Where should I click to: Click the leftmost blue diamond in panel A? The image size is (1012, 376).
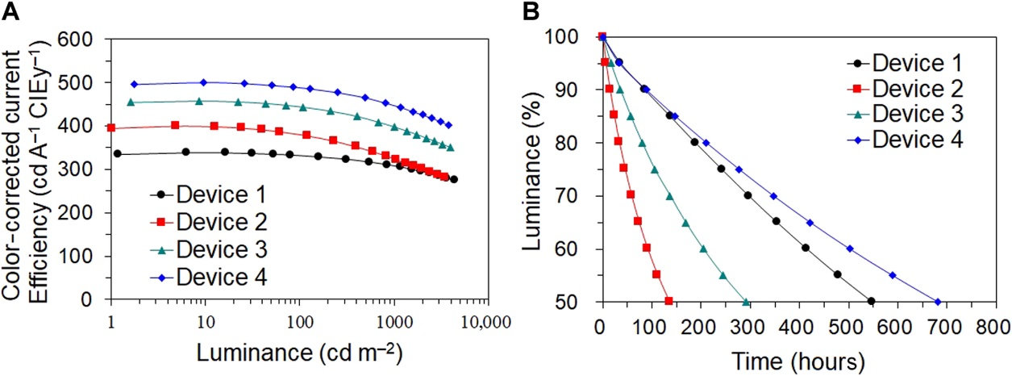coord(135,84)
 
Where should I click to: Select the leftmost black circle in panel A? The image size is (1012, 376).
coord(117,153)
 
